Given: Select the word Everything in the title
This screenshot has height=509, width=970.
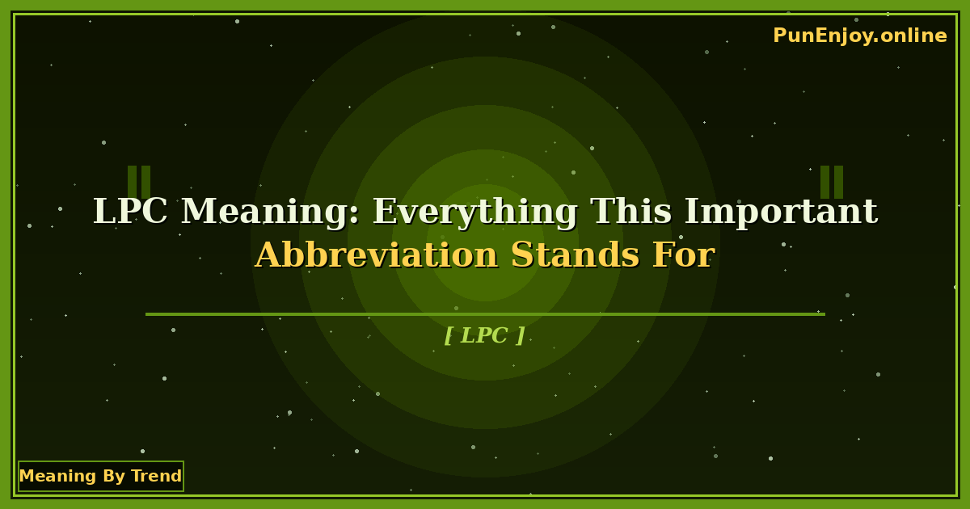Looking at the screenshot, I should tap(474, 212).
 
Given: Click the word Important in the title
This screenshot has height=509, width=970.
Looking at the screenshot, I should tap(780, 212).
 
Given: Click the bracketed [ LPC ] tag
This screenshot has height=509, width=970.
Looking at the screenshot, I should tap(485, 335).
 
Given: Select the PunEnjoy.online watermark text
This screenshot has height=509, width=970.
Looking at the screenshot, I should tap(859, 36).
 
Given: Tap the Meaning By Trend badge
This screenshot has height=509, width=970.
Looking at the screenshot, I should tap(101, 476).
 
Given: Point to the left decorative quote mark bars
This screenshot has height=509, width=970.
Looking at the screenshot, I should tap(139, 182).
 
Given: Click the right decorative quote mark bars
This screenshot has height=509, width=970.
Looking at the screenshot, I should tap(832, 182).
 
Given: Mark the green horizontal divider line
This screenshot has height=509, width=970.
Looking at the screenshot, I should tap(485, 314).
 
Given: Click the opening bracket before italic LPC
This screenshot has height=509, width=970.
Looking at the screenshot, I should tap(448, 335).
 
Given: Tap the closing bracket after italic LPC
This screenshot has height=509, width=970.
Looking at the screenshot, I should tap(521, 335).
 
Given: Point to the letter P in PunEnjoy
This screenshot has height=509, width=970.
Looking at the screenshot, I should tap(779, 36).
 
